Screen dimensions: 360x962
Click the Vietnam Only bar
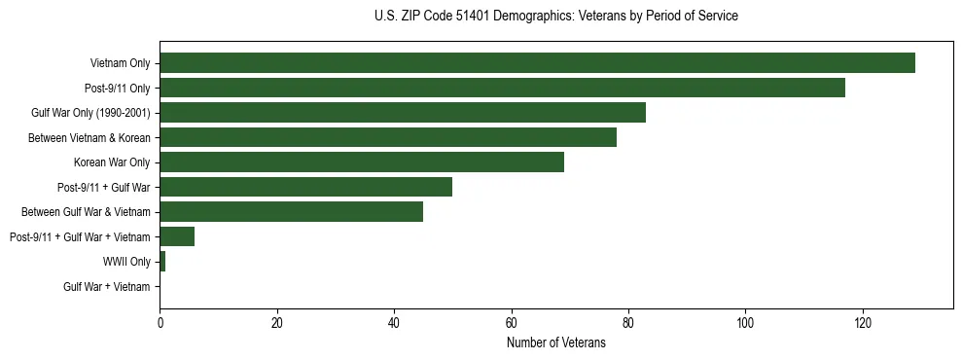pos(537,63)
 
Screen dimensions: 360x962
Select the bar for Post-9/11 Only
pos(502,88)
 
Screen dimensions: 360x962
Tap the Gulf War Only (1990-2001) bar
pos(403,113)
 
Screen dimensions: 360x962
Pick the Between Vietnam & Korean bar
pos(388,137)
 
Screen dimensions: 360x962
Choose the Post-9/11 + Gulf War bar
pos(306,187)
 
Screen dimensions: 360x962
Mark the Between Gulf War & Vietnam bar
pos(292,212)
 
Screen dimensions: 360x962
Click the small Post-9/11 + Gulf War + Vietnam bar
pos(177,236)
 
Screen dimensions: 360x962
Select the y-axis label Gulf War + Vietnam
pos(107,286)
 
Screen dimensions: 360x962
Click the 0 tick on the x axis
pos(160,323)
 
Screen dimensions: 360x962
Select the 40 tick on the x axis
pos(394,323)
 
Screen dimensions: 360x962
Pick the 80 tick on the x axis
pos(628,323)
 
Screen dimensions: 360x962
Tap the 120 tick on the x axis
pos(862,323)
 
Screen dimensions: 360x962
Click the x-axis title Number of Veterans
pos(555,342)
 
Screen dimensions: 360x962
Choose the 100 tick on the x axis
pos(745,323)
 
